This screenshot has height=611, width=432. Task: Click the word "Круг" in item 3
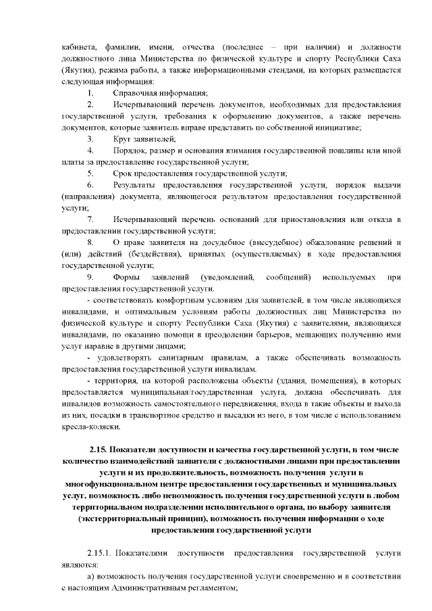point(124,139)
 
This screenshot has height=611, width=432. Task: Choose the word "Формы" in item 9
point(128,279)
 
